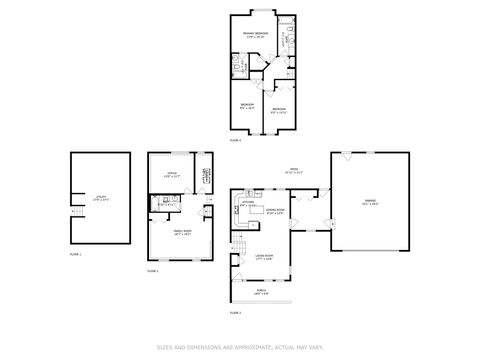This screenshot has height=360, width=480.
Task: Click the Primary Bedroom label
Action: pos(256,35)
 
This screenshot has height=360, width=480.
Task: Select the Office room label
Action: pos(170,176)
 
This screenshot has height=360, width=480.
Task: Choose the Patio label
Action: pos(294,170)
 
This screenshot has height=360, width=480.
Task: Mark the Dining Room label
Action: pos(276,211)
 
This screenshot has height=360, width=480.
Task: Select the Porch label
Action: pos(262,291)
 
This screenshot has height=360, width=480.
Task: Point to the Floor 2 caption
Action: pos(153,271)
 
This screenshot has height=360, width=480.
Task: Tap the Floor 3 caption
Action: pos(235,313)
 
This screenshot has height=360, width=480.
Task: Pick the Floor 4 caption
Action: pos(236,141)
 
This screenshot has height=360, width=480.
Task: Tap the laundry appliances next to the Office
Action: pos(204,175)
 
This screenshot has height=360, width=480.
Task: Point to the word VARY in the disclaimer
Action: pos(315,347)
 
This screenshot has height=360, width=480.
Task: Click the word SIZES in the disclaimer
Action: pos(163,347)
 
